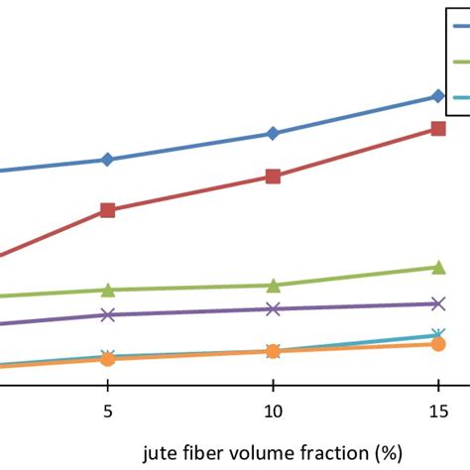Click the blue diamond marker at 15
pyautogui.click(x=438, y=96)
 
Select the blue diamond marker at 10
pyautogui.click(x=273, y=133)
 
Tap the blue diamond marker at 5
pyautogui.click(x=107, y=160)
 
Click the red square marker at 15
pyautogui.click(x=438, y=129)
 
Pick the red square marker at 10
pyautogui.click(x=273, y=176)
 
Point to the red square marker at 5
pyautogui.click(x=108, y=210)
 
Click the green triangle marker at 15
pyautogui.click(x=438, y=267)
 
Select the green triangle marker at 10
pyautogui.click(x=274, y=286)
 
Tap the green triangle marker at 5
pyautogui.click(x=108, y=291)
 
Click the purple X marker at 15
pyautogui.click(x=438, y=303)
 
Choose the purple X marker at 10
pyautogui.click(x=273, y=309)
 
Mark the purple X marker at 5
pyautogui.click(x=108, y=314)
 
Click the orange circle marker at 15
pyautogui.click(x=438, y=344)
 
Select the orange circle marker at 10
pyautogui.click(x=273, y=351)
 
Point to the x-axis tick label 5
pyautogui.click(x=108, y=411)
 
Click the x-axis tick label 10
pyautogui.click(x=274, y=411)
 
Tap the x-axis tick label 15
pyautogui.click(x=439, y=411)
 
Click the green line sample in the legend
pyautogui.click(x=461, y=61)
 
